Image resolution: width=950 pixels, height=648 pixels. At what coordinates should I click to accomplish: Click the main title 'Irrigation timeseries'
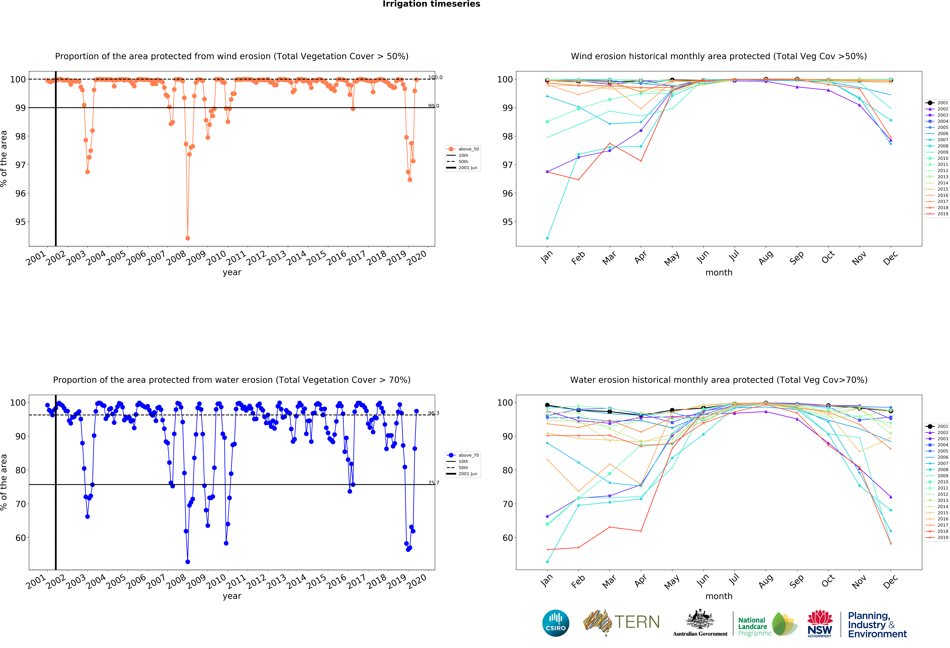[431, 4]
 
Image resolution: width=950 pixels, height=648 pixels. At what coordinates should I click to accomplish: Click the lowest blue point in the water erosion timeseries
[188, 562]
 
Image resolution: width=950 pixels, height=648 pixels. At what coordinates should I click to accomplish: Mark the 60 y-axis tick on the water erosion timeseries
[20, 538]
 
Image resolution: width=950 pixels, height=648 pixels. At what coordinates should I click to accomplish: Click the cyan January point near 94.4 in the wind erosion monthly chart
[547, 238]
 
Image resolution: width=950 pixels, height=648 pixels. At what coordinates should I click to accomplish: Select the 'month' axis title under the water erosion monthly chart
[719, 596]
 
